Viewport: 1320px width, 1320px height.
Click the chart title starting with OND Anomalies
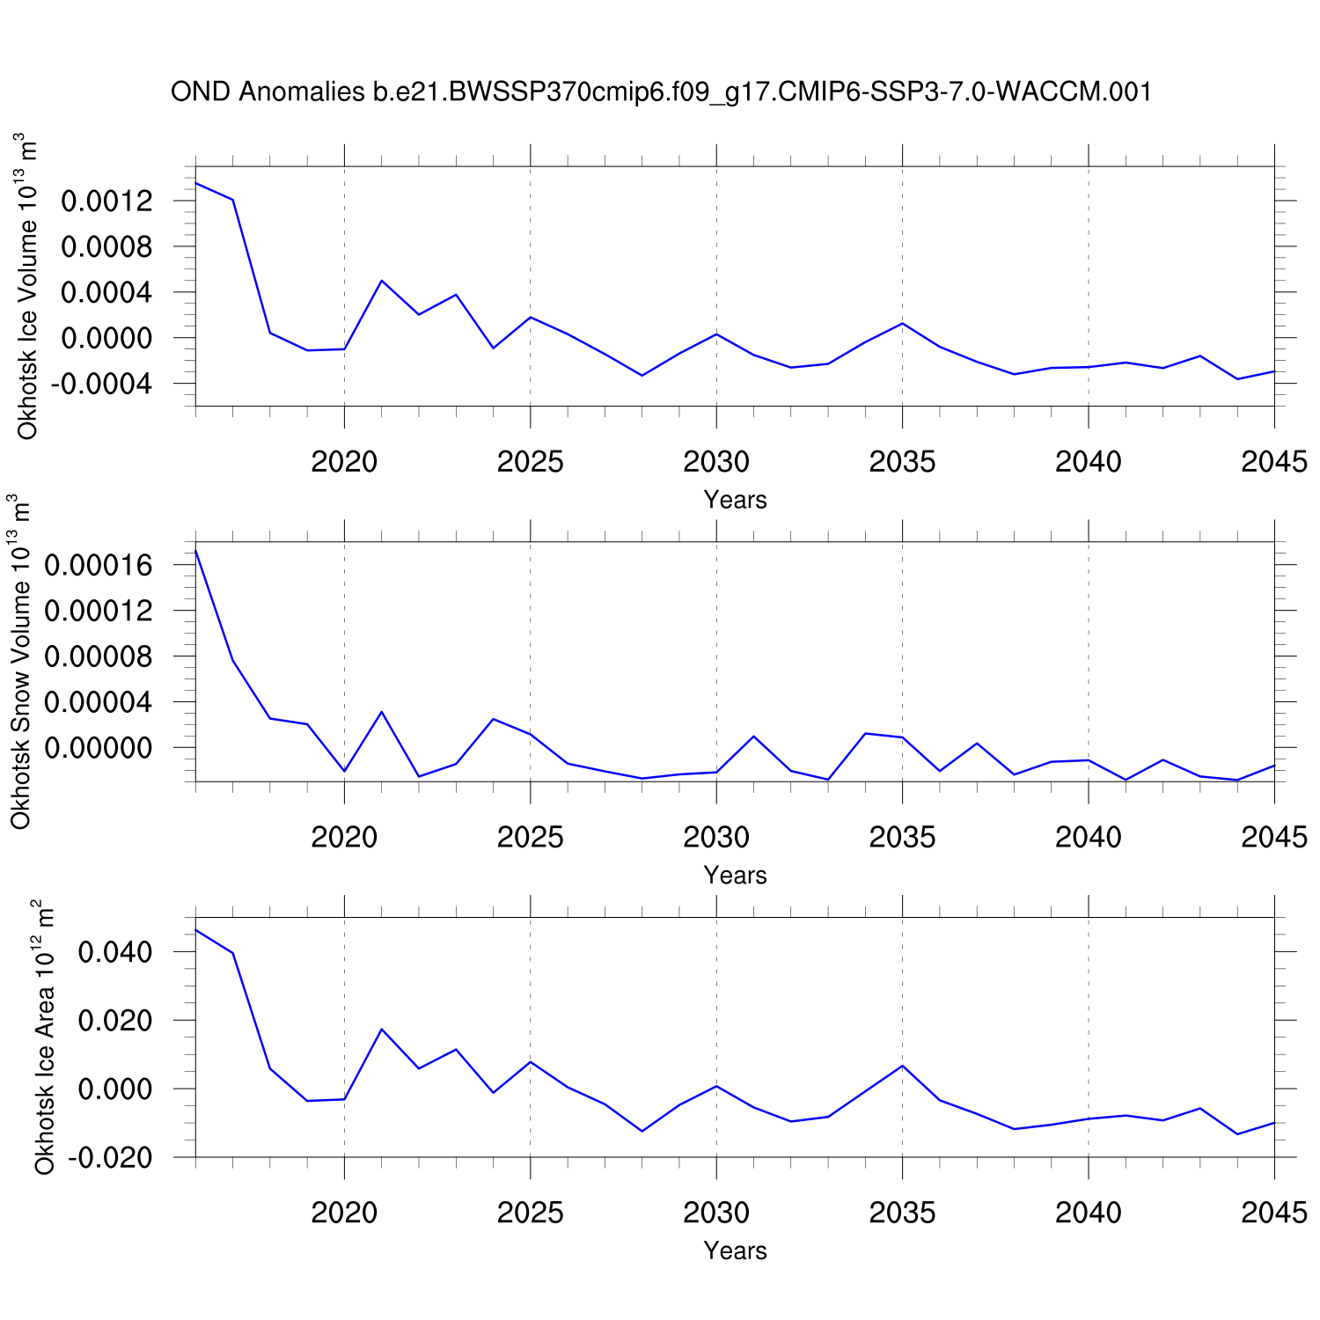[661, 92]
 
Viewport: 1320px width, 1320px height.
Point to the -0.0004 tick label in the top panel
[101, 385]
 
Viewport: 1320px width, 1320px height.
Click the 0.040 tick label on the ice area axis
[115, 952]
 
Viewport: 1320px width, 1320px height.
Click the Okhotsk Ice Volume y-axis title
[28, 286]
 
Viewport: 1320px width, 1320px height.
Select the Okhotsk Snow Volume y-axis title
[21, 662]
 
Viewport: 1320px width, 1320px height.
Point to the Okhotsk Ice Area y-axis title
[44, 1037]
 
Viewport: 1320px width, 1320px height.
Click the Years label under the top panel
[735, 500]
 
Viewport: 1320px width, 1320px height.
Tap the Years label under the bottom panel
[735, 1250]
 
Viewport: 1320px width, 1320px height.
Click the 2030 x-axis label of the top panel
[716, 461]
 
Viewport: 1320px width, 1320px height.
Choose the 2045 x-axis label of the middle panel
[1274, 837]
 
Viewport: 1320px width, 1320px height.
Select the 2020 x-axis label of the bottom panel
[344, 1213]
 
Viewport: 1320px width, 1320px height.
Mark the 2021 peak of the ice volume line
[381, 281]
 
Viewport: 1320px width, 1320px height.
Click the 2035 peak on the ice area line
[902, 1066]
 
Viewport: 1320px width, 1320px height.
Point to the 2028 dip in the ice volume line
[642, 376]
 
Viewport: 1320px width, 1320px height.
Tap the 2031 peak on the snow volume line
[753, 736]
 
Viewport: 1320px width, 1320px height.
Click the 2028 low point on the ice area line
[642, 1131]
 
